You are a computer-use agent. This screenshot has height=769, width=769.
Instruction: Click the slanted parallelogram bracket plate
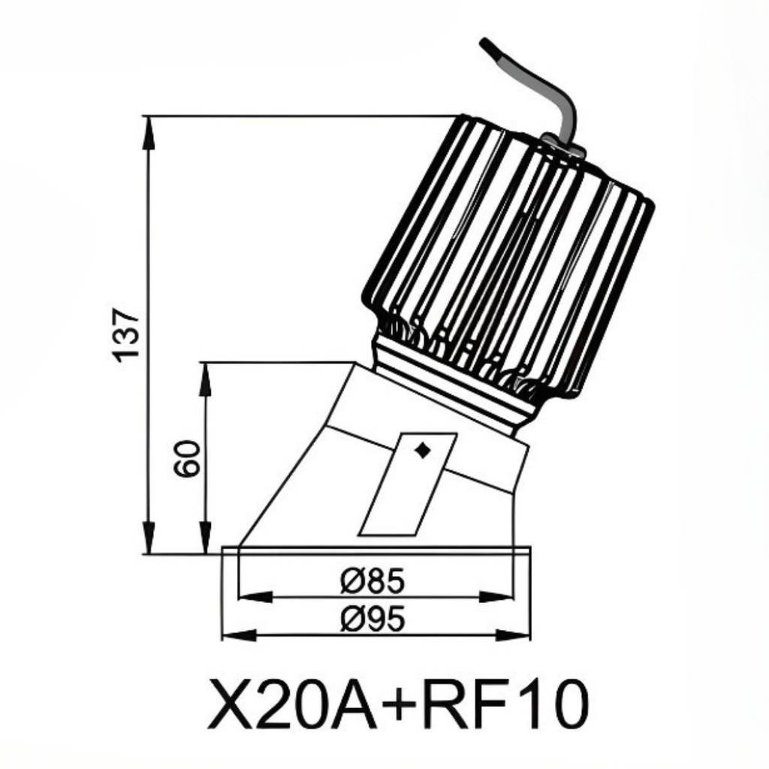[407, 484]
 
